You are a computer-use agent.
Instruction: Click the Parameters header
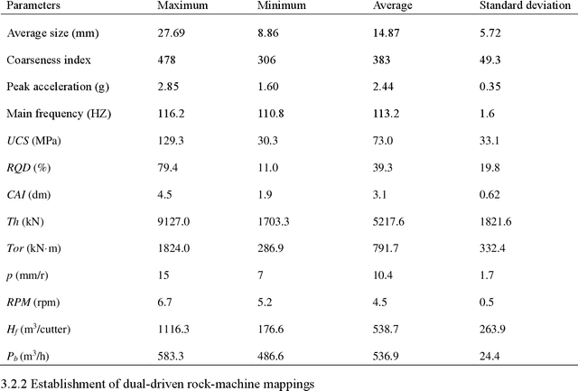point(35,6)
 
